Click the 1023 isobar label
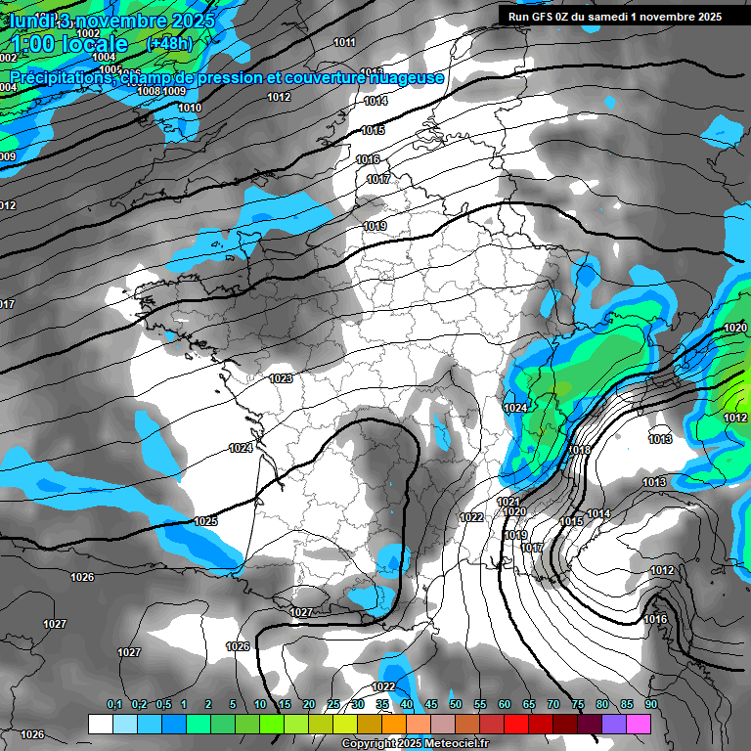pyautogui.click(x=281, y=378)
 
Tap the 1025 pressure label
pyautogui.click(x=205, y=521)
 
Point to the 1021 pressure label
pyautogui.click(x=508, y=502)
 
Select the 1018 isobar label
pyautogui.click(x=580, y=450)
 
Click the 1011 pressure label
pyautogui.click(x=344, y=42)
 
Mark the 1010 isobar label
pyautogui.click(x=190, y=108)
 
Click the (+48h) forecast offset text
pyautogui.click(x=169, y=44)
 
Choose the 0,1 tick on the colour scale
pyautogui.click(x=113, y=704)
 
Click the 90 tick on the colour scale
pyautogui.click(x=650, y=704)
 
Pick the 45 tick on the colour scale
pyautogui.click(x=431, y=704)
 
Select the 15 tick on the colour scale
pyautogui.click(x=285, y=704)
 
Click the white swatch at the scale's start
pyautogui.click(x=100, y=724)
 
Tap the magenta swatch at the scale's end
pyautogui.click(x=638, y=724)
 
